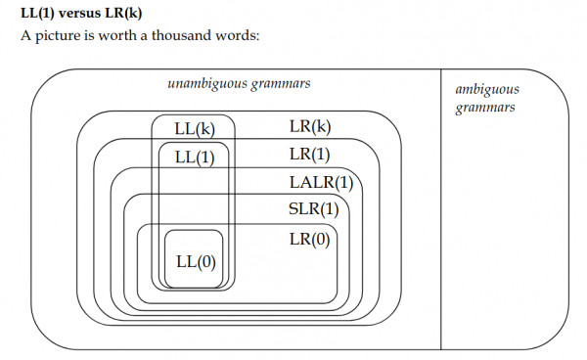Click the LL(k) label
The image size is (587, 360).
coord(194,129)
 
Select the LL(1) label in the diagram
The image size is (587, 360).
coord(194,157)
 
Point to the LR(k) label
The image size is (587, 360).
coord(310,127)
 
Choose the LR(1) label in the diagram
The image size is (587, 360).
coord(310,155)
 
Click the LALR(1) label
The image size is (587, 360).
coord(320,182)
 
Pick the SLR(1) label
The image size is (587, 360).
coord(313,209)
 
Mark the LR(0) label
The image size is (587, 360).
coord(310,239)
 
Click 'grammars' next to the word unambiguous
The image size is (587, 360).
coord(280,84)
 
